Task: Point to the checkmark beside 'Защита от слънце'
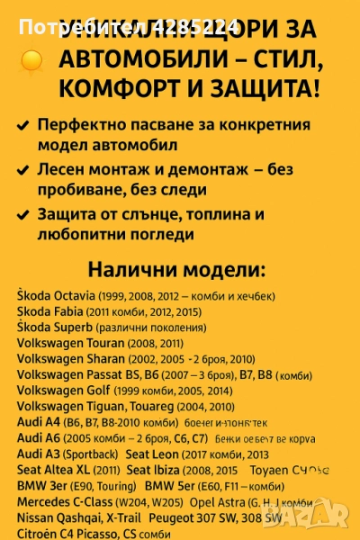tap(22, 214)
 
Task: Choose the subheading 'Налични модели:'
tap(177, 271)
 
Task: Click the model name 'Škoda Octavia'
tap(56, 295)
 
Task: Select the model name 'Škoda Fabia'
tap(50, 311)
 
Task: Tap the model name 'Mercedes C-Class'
tap(61, 501)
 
